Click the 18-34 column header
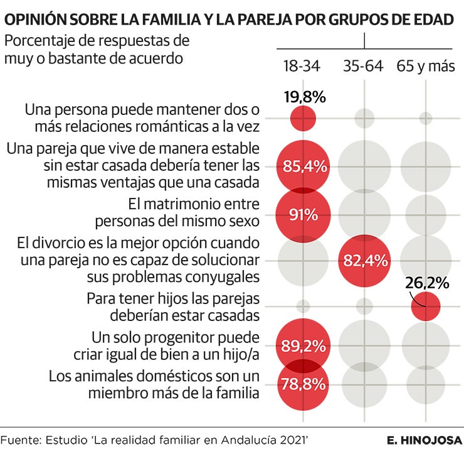coord(302,66)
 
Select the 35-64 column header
coord(363,66)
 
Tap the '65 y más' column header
coord(425,66)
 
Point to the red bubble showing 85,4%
coord(303,166)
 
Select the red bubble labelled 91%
coord(303,215)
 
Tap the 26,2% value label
coord(427,283)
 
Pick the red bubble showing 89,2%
coord(303,345)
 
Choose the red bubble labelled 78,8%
coord(303,383)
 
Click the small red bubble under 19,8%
coord(303,118)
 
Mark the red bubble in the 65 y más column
coord(426,307)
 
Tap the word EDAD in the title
coord(434,20)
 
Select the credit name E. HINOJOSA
coord(424,440)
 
